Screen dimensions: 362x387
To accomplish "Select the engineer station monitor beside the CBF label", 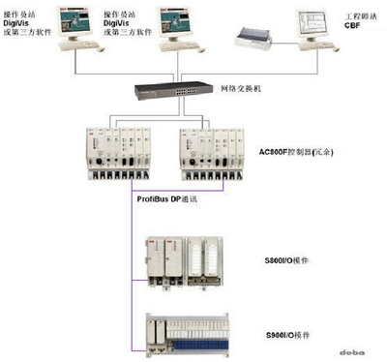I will [316, 28].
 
